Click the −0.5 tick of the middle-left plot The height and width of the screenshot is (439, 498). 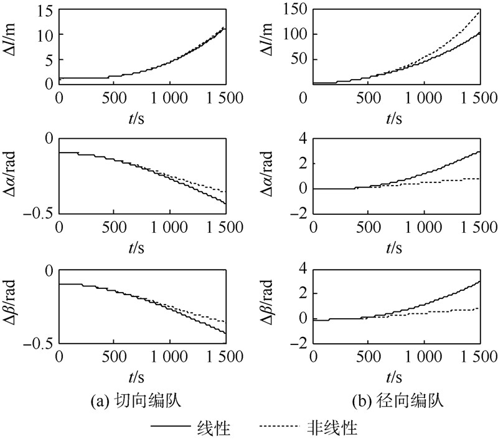[x=39, y=214]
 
